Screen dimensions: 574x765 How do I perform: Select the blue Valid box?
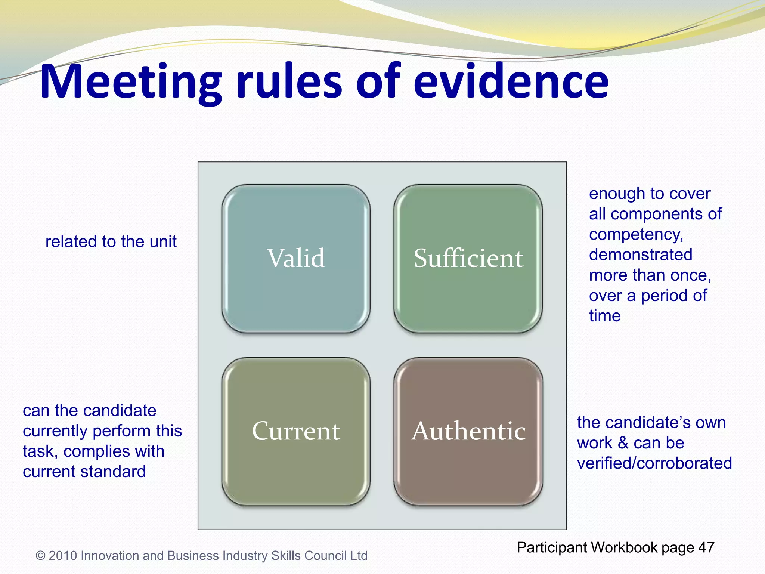click(x=296, y=258)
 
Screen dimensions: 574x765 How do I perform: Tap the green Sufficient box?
click(x=468, y=258)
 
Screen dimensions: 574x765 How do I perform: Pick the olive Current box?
click(x=296, y=431)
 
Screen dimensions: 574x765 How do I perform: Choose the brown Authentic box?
click(x=468, y=431)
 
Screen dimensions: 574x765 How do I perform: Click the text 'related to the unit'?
click(x=111, y=242)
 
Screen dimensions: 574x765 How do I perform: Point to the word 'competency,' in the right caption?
click(x=636, y=235)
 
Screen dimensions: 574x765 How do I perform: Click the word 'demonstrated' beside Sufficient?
click(x=641, y=255)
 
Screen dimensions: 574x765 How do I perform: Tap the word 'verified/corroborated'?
click(x=654, y=463)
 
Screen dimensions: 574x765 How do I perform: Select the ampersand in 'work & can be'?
click(x=623, y=443)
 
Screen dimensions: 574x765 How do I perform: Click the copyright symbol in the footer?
click(x=40, y=556)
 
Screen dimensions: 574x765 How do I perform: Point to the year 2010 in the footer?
click(x=63, y=556)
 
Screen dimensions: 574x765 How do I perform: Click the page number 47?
click(x=706, y=547)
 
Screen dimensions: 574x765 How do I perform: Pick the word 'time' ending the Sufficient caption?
click(x=605, y=316)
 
